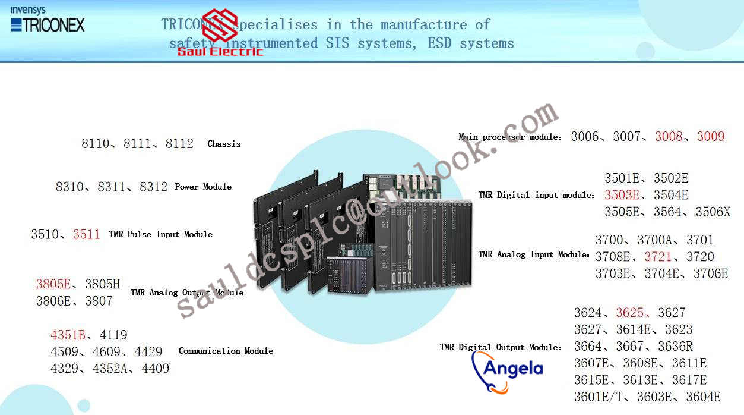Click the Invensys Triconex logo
click(x=48, y=20)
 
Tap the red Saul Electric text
click(x=220, y=52)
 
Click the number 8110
click(x=96, y=144)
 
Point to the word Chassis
click(x=224, y=144)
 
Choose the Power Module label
click(x=203, y=187)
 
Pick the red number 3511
click(x=87, y=234)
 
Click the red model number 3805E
click(x=53, y=284)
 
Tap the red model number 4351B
click(x=68, y=335)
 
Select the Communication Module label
click(x=226, y=351)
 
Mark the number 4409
click(x=156, y=369)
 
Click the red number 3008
click(x=669, y=137)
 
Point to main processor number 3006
click(x=585, y=137)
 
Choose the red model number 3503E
click(x=622, y=195)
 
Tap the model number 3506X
click(x=713, y=212)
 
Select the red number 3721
click(x=658, y=257)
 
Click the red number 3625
click(x=629, y=313)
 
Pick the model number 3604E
click(x=703, y=397)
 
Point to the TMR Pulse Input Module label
click(x=160, y=234)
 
